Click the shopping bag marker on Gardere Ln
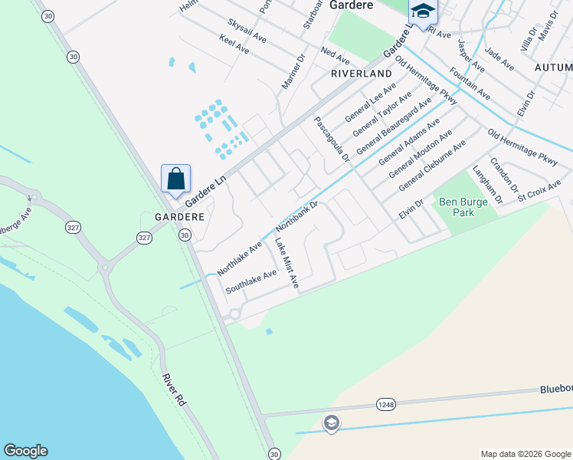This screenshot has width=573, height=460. click(x=175, y=180)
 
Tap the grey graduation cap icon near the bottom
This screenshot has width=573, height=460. click(x=331, y=423)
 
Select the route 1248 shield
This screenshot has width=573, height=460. click(x=385, y=403)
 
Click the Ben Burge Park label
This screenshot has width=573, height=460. click(x=458, y=207)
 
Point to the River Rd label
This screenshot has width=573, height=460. click(x=175, y=391)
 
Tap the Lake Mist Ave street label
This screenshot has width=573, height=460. click(x=287, y=264)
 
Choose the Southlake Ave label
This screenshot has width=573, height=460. click(x=250, y=281)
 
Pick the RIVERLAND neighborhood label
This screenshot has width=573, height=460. click(x=362, y=74)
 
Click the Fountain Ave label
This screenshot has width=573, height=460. click(x=470, y=82)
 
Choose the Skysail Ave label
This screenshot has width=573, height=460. click(x=247, y=31)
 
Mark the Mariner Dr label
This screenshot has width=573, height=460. click(x=293, y=71)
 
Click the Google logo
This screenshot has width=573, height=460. click(x=25, y=451)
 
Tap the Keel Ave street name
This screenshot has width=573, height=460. click(x=234, y=44)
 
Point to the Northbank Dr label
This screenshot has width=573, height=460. click(x=296, y=217)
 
